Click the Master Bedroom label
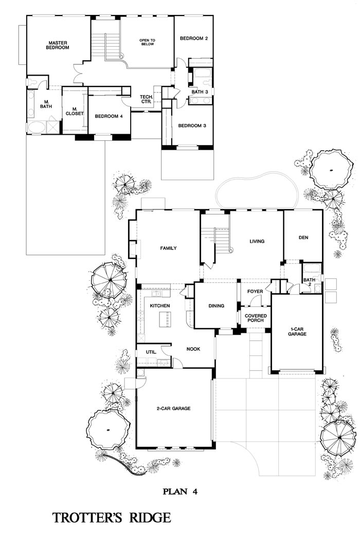(x=58, y=45)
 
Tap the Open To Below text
(x=147, y=42)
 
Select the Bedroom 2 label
(x=193, y=39)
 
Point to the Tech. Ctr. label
(x=146, y=99)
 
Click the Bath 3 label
(x=200, y=92)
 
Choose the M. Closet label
(x=75, y=111)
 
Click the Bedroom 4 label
(x=109, y=116)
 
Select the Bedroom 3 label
(x=192, y=125)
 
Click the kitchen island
(x=165, y=319)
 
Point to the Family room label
(x=169, y=248)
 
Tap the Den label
(x=303, y=238)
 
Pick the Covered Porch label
(x=256, y=318)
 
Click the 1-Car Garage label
(x=297, y=332)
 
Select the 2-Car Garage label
(x=173, y=408)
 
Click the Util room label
(x=151, y=352)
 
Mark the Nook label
(x=193, y=349)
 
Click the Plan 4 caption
(x=180, y=492)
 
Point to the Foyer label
(x=255, y=292)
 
